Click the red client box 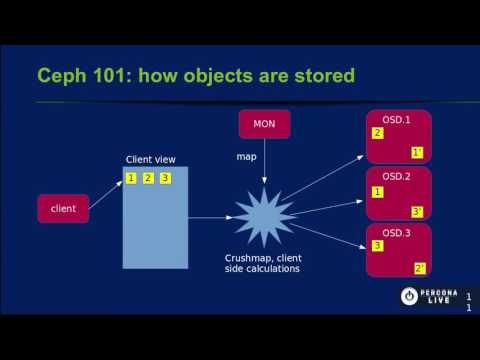click(62, 208)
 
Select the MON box click(265, 125)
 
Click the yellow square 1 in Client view click(131, 178)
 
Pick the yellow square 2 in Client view click(148, 178)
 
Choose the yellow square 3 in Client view click(165, 178)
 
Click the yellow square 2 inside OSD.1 click(377, 133)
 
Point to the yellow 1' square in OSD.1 click(418, 152)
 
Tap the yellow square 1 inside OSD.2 click(377, 191)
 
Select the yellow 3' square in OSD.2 click(418, 211)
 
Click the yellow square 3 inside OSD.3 click(377, 246)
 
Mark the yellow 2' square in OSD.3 click(419, 268)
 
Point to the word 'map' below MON click(246, 157)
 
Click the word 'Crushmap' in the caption click(249, 258)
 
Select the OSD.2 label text click(397, 176)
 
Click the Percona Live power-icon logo click(409, 296)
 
